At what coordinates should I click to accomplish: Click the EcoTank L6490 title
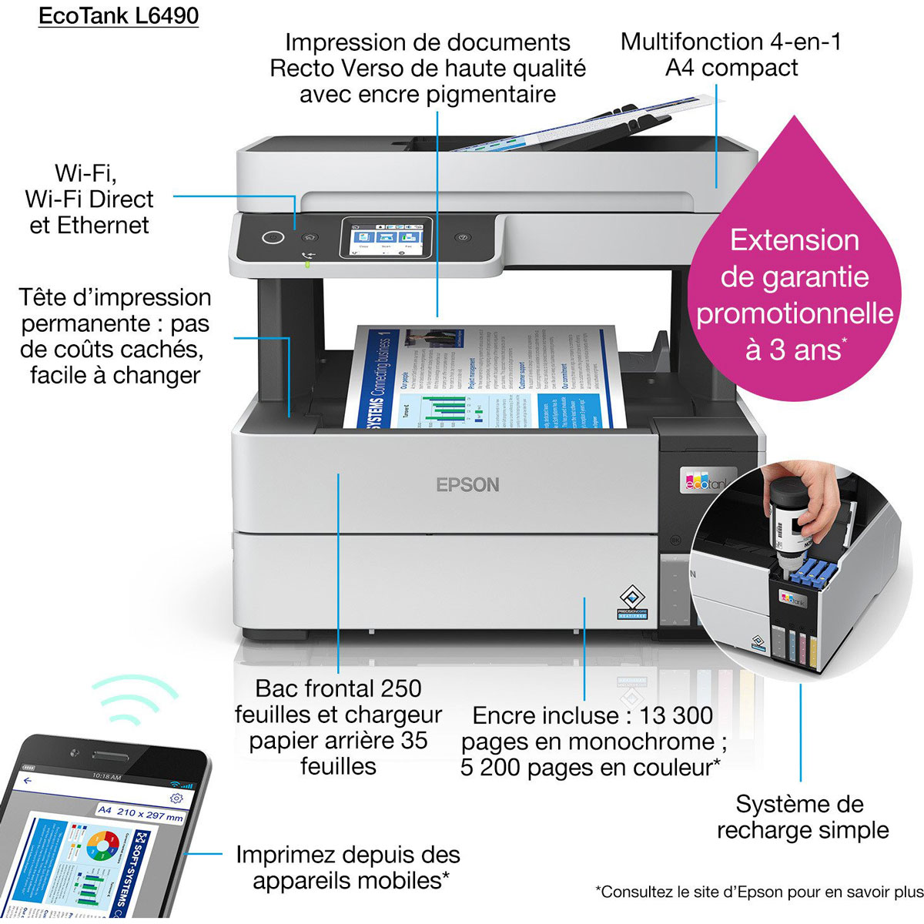click(x=119, y=16)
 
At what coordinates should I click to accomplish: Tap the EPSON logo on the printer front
click(x=467, y=485)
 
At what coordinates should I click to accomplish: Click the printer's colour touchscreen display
click(x=386, y=237)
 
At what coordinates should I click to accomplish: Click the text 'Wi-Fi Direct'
click(x=89, y=199)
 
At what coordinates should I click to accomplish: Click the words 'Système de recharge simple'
click(x=802, y=817)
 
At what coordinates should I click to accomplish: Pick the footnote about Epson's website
click(x=759, y=892)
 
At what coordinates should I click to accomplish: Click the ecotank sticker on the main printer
click(x=705, y=480)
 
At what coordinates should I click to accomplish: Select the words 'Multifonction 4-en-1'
click(x=731, y=42)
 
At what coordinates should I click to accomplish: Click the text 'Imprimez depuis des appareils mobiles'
click(x=347, y=867)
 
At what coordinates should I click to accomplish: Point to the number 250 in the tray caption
click(x=401, y=688)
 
